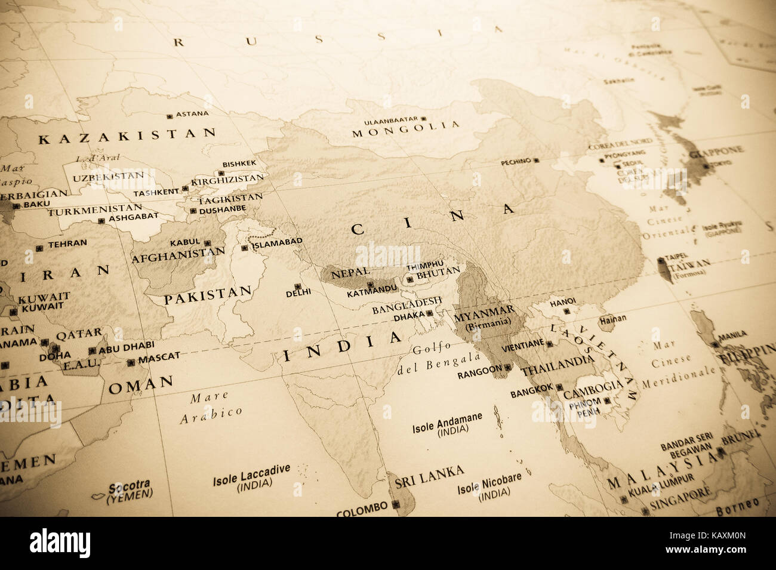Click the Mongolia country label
pyautogui.click(x=406, y=130)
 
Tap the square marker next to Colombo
pyautogui.click(x=396, y=506)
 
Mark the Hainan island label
pyautogui.click(x=613, y=319)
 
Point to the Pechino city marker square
pyautogui.click(x=536, y=161)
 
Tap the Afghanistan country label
pyautogui.click(x=178, y=257)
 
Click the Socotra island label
pyautogui.click(x=129, y=485)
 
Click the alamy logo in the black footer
pyautogui.click(x=60, y=543)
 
